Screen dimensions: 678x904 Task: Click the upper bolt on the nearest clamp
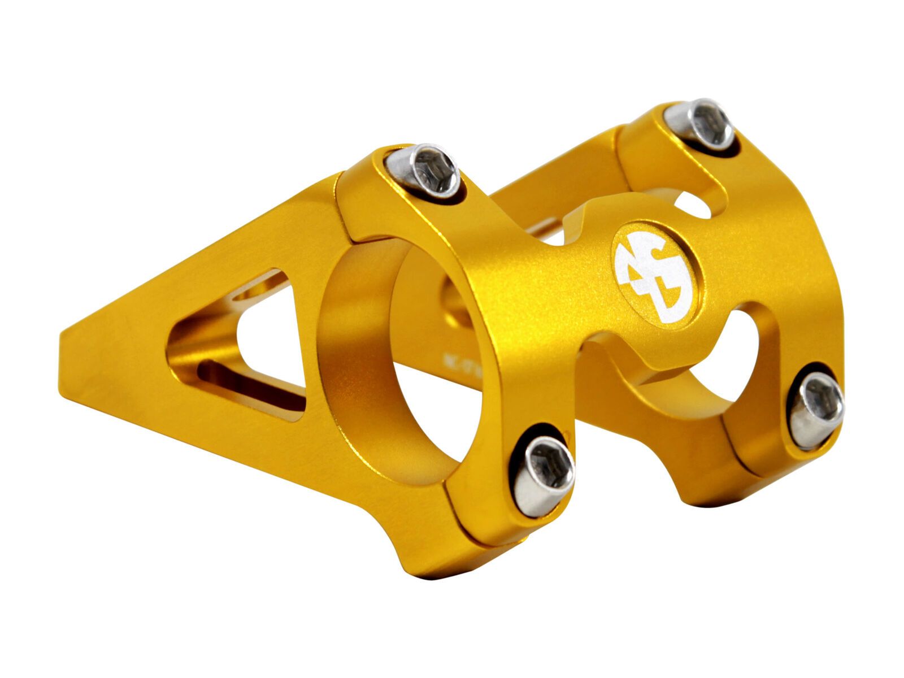pos(423,172)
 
